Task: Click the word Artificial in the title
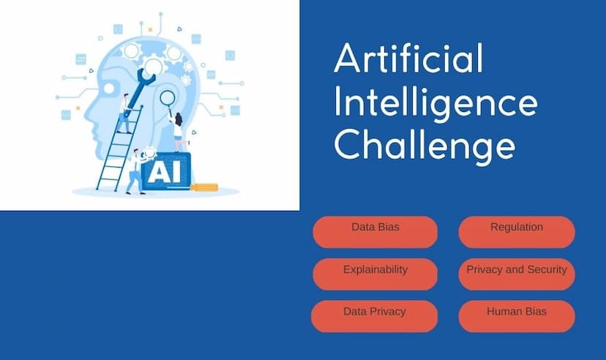point(409,58)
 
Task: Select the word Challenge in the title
point(424,145)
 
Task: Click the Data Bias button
point(375,232)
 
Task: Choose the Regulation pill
point(517,232)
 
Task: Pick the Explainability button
point(375,274)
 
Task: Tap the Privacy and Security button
point(517,274)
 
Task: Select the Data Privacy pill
point(375,316)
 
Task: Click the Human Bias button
point(517,316)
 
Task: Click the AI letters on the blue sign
point(165,172)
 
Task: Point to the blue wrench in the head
point(139,91)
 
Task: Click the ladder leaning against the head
point(119,149)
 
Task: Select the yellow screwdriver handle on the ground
point(204,188)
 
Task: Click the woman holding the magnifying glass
point(178,132)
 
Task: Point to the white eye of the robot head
point(108,89)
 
